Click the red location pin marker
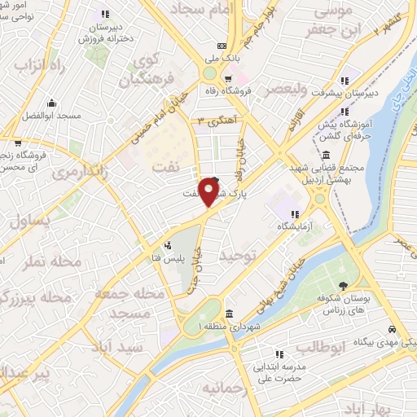click(210, 192)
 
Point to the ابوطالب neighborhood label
click(322, 348)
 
